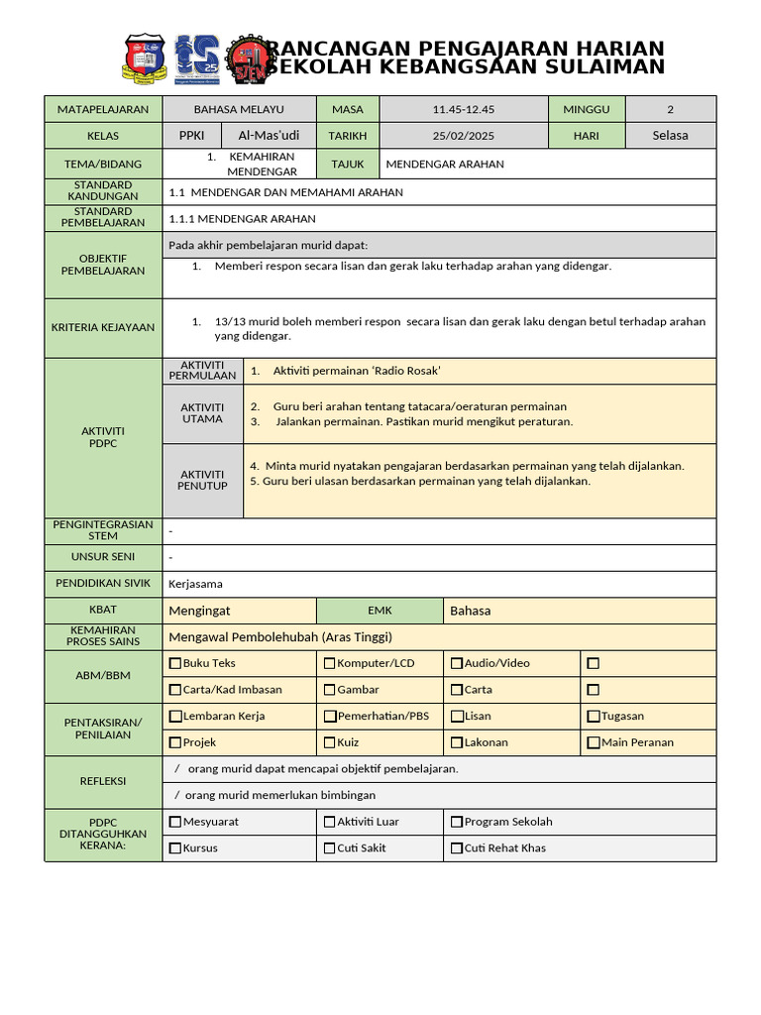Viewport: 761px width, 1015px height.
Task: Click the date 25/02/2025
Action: pyautogui.click(x=464, y=136)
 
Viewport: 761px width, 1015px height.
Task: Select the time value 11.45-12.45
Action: pyautogui.click(x=464, y=109)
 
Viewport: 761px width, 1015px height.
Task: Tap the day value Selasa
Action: pyautogui.click(x=670, y=136)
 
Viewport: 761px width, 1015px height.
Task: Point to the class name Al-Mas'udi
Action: pyautogui.click(x=269, y=136)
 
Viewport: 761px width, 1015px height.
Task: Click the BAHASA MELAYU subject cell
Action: pyautogui.click(x=239, y=109)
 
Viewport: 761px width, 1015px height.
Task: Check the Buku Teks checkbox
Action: pyautogui.click(x=175, y=663)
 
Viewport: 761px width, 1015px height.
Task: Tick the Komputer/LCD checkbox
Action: pyautogui.click(x=330, y=663)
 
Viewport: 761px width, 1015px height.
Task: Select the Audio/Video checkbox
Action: pyautogui.click(x=457, y=663)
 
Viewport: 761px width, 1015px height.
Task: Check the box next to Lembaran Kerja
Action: pyautogui.click(x=175, y=716)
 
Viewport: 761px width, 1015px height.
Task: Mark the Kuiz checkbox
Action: pyautogui.click(x=330, y=742)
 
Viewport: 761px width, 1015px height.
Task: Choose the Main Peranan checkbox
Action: pyautogui.click(x=593, y=742)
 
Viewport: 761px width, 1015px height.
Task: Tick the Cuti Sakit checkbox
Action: pyautogui.click(x=330, y=848)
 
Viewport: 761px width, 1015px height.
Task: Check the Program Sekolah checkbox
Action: pyautogui.click(x=457, y=822)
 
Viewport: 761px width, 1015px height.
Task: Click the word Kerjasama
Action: pyautogui.click(x=195, y=584)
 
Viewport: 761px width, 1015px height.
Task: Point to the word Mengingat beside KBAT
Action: pyautogui.click(x=199, y=611)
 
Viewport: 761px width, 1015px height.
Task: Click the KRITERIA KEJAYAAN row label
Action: pyautogui.click(x=103, y=327)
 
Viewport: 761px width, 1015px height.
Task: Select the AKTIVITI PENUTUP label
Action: pyautogui.click(x=202, y=481)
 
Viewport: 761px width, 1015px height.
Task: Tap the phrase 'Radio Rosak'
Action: pyautogui.click(x=406, y=371)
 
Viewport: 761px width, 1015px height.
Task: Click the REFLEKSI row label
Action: pyautogui.click(x=103, y=781)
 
